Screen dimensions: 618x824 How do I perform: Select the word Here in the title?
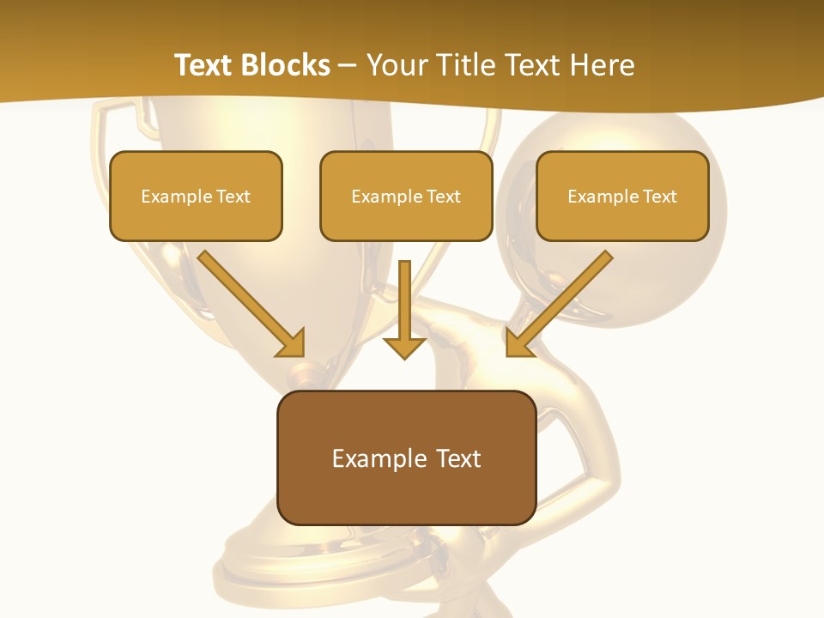pos(601,65)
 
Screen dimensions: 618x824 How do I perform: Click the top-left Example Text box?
pos(196,196)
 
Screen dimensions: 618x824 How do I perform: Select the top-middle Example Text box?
pos(406,196)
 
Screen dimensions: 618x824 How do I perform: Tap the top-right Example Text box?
pos(622,196)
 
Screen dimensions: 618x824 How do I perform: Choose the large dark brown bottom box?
pos(406,457)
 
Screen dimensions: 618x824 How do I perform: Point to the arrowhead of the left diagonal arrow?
pos(292,343)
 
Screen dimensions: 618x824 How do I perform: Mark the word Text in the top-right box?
pos(658,197)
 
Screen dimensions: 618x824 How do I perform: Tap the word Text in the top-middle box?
pos(443,197)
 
